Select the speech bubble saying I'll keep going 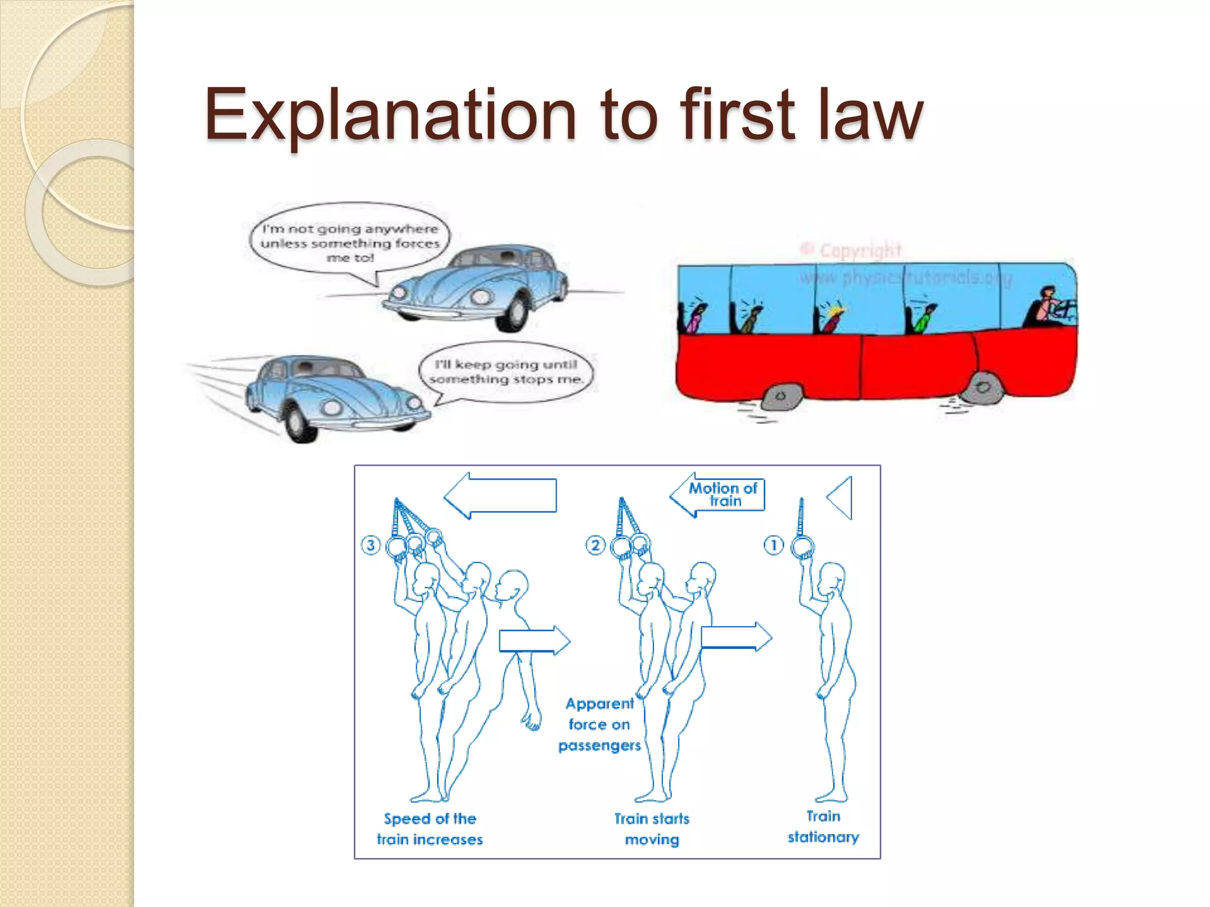[505, 372]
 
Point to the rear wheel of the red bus [781, 396]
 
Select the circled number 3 [370, 544]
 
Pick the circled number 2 [595, 544]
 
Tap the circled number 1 [773, 544]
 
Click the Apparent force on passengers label [599, 725]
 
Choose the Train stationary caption [823, 827]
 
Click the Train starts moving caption [652, 829]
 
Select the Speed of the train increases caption [430, 829]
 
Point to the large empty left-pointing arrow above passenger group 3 [501, 495]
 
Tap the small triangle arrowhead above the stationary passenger [841, 498]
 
